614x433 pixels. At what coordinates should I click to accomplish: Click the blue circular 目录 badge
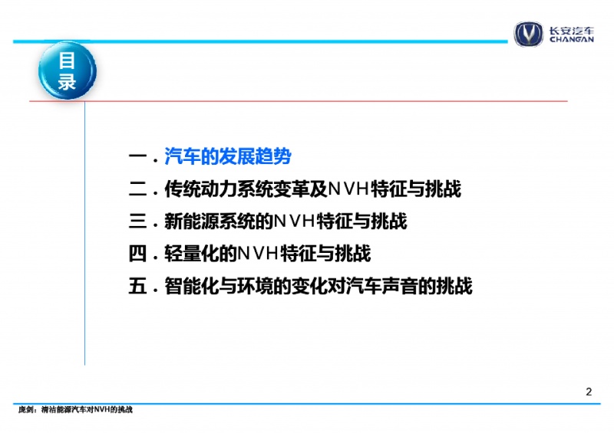(x=68, y=71)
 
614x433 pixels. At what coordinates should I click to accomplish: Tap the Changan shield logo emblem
(x=529, y=34)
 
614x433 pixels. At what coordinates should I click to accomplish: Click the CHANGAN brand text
(x=571, y=39)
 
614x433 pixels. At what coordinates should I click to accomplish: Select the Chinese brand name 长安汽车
(x=571, y=31)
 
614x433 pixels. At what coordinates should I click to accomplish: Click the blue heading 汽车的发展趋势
(x=228, y=156)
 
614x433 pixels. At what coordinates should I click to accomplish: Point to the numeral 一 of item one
(x=137, y=157)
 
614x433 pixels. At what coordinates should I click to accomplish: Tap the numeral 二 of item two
(x=137, y=189)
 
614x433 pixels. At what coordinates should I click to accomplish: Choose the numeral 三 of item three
(x=137, y=221)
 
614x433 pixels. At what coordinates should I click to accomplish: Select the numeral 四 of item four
(x=137, y=254)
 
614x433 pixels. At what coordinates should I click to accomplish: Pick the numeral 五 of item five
(x=137, y=286)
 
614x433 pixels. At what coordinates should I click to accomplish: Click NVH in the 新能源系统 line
(x=295, y=221)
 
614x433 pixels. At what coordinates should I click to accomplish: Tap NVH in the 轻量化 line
(x=259, y=254)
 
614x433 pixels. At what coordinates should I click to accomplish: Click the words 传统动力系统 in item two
(x=219, y=189)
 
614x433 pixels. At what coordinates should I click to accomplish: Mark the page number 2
(x=589, y=392)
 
